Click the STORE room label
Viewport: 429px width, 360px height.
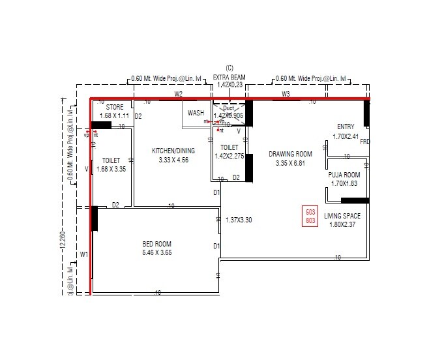point(115,107)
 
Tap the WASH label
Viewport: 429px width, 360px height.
point(196,113)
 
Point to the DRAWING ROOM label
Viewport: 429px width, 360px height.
point(290,154)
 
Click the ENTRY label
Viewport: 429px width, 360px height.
point(346,127)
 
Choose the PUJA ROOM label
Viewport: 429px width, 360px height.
point(344,175)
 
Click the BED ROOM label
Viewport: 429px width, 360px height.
point(157,244)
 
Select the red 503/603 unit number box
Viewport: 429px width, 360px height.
point(310,217)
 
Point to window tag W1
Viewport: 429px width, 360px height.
point(84,254)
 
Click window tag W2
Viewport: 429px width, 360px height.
point(178,95)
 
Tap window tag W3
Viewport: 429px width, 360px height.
point(286,95)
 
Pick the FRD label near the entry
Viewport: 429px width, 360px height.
point(364,142)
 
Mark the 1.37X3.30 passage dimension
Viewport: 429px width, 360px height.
point(238,220)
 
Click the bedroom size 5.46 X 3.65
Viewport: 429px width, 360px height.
point(157,252)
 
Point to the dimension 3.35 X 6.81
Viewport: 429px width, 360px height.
point(290,163)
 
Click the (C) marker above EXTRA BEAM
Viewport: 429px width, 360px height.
point(229,68)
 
